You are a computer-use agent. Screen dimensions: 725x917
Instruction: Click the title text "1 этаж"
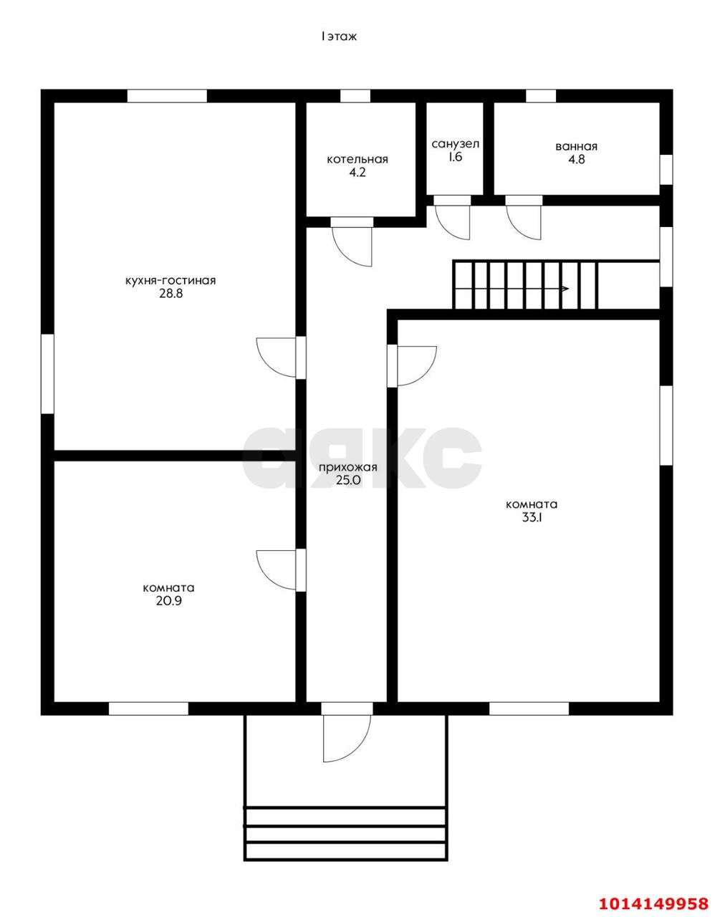[x=339, y=37]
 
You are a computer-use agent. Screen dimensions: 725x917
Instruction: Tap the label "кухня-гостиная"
[x=171, y=281]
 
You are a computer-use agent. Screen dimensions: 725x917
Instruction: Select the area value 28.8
[x=171, y=294]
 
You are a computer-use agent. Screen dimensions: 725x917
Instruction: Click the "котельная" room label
[x=357, y=159]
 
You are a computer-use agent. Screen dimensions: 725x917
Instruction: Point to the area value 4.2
[x=357, y=173]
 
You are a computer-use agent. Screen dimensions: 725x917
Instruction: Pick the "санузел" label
[x=455, y=144]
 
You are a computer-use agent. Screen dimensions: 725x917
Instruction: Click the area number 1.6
[x=455, y=157]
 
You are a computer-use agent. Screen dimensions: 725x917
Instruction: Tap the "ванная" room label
[x=576, y=147]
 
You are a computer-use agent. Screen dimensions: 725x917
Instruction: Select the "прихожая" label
[x=348, y=467]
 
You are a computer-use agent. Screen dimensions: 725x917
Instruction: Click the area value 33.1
[x=532, y=518]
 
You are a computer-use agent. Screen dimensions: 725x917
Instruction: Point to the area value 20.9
[x=169, y=601]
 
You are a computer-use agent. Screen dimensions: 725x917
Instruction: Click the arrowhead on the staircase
[x=565, y=289]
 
